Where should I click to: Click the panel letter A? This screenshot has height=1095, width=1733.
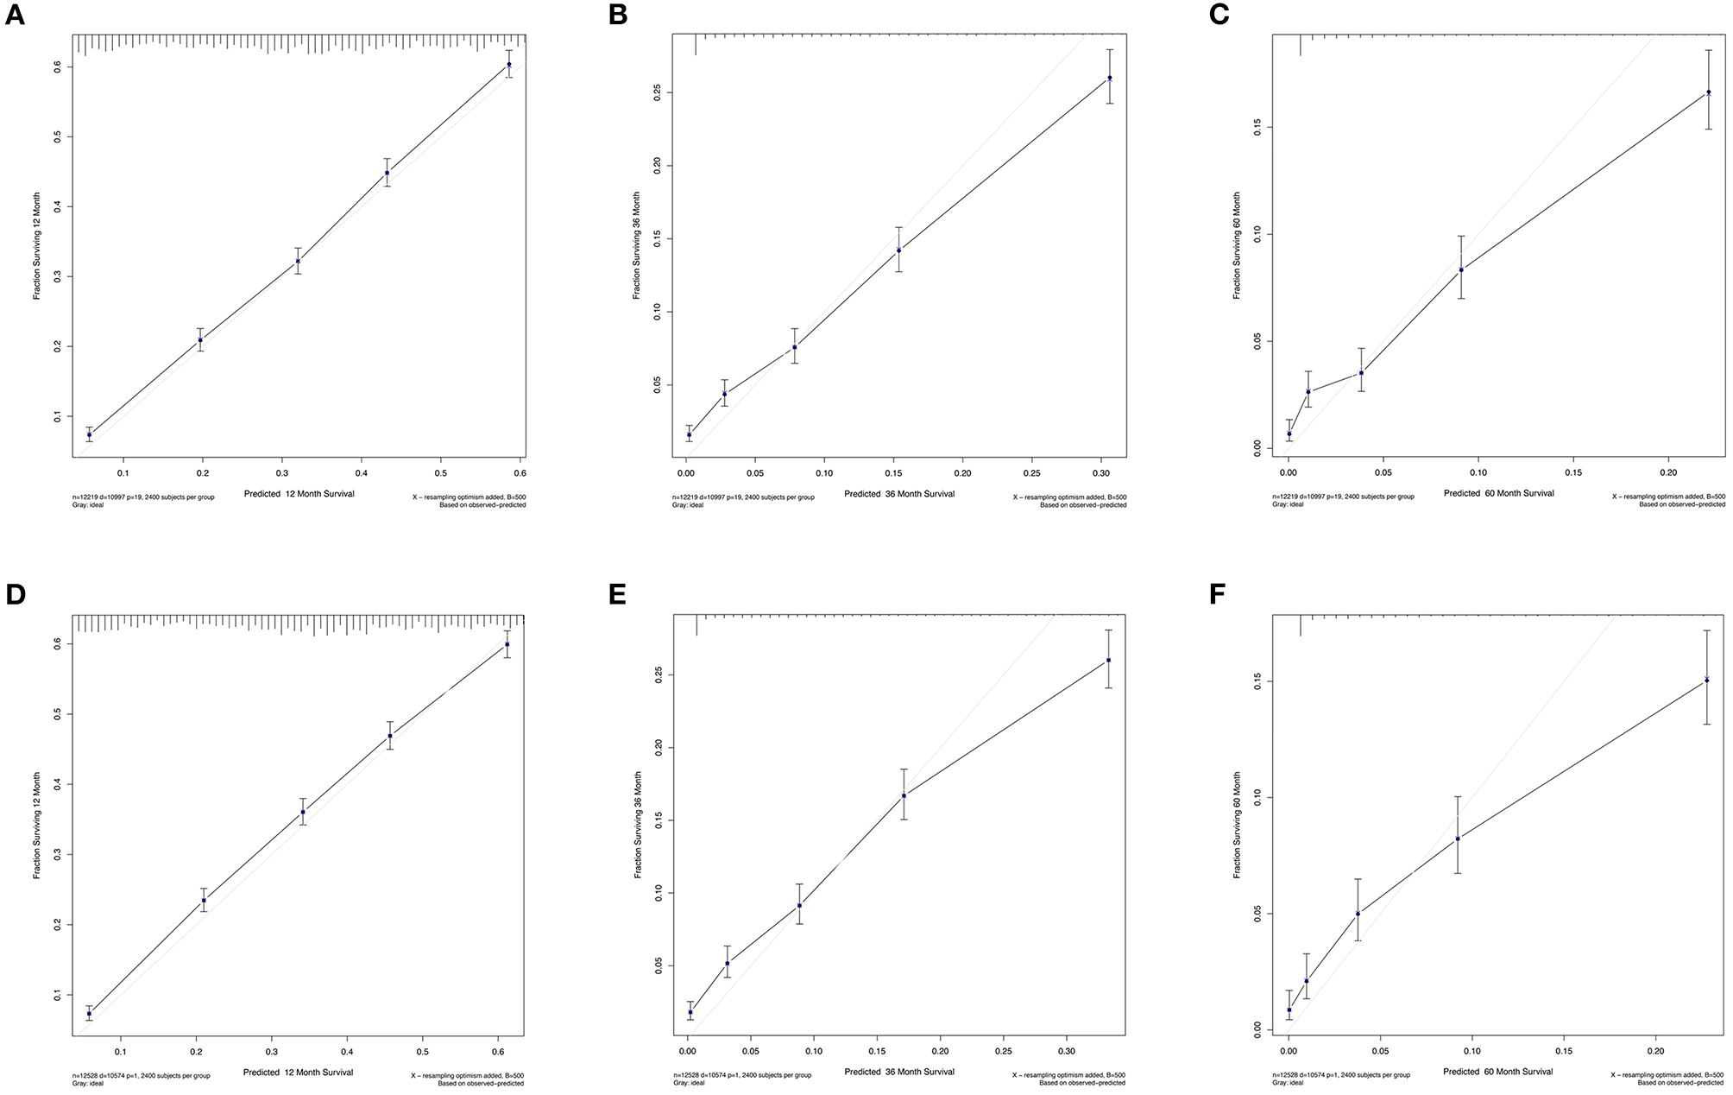15,16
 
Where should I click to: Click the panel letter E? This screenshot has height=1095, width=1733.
617,595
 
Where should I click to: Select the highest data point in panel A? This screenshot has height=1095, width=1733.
509,65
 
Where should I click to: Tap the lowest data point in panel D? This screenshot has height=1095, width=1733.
89,1014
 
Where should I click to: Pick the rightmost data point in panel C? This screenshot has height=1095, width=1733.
1709,92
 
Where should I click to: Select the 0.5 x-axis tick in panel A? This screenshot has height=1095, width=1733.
440,473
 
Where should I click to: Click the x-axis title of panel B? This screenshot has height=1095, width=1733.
899,494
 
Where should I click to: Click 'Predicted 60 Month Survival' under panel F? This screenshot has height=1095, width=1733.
1497,1072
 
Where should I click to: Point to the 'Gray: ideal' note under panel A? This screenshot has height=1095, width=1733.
86,505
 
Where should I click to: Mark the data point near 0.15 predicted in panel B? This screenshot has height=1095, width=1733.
898,250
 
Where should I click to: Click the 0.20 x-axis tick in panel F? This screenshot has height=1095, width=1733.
1655,1052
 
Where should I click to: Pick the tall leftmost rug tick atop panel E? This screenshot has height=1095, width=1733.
696,624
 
